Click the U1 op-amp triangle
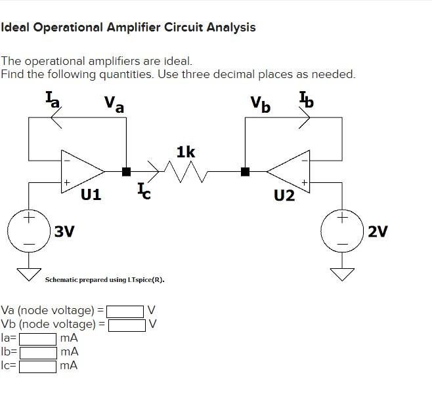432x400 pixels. coord(82,171)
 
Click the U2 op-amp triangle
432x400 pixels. coord(289,171)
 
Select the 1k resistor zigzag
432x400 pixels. coord(185,172)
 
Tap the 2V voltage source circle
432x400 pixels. coord(341,231)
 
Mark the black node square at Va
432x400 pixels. coord(126,172)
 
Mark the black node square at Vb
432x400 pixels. coord(245,172)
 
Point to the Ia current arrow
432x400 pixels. coord(56,118)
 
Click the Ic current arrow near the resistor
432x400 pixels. coord(154,172)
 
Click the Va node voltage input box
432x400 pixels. coord(125,310)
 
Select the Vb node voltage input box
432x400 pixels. coord(127,324)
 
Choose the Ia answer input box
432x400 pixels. coord(37,338)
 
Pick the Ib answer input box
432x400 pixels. coord(37,352)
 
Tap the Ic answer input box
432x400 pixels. coord(37,366)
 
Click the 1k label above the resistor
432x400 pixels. coord(186,152)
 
